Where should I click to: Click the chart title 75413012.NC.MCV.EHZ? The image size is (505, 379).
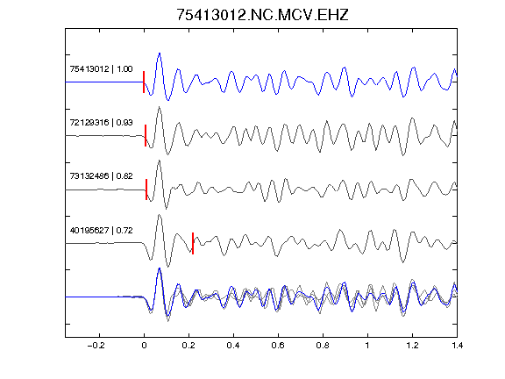coord(262,15)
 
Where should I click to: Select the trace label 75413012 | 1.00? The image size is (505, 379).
coord(101,69)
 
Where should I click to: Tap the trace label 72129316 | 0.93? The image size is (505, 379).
coord(101,123)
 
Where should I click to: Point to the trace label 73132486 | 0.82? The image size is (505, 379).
coord(101,176)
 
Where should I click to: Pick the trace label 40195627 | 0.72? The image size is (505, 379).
coord(101,231)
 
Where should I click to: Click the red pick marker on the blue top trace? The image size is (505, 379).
coord(144,82)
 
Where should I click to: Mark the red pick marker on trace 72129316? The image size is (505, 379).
coord(146,136)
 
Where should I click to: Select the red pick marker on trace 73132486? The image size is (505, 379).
coord(146,189)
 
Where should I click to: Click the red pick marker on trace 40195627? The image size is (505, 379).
coord(193,243)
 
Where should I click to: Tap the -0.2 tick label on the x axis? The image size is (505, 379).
coord(96,346)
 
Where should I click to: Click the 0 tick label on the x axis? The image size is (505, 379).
coord(144,346)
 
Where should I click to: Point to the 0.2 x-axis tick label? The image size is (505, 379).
coord(188,346)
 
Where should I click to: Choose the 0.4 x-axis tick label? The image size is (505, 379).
coord(233,346)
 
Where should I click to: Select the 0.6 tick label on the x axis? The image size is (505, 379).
coord(278,346)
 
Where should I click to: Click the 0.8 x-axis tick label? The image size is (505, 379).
coord(323,346)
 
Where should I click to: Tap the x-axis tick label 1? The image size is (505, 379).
coord(367,346)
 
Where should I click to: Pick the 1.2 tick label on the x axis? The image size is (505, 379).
coord(412,346)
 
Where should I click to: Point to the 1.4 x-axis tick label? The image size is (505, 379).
coord(457,346)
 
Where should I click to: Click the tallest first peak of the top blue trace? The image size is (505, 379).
coord(160,54)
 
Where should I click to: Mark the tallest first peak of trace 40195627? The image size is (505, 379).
coord(160,215)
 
